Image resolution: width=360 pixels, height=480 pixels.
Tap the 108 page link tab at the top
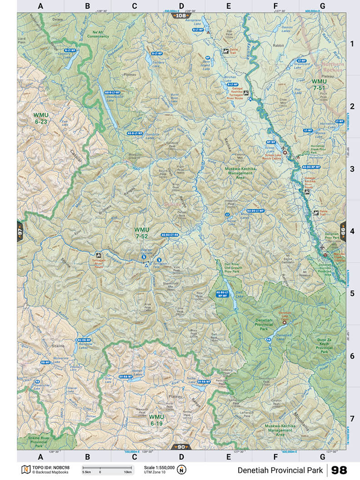[x=180, y=15]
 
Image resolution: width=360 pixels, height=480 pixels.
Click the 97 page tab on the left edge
[x=20, y=231]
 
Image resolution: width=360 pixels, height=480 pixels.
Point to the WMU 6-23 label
[x=41, y=118]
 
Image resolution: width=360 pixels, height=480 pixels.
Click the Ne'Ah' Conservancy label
[x=101, y=34]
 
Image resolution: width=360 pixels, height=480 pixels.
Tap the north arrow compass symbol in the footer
[x=182, y=469]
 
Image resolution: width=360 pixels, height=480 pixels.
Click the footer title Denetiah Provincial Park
[x=280, y=470]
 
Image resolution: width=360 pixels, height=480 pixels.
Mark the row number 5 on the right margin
[x=351, y=294]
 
